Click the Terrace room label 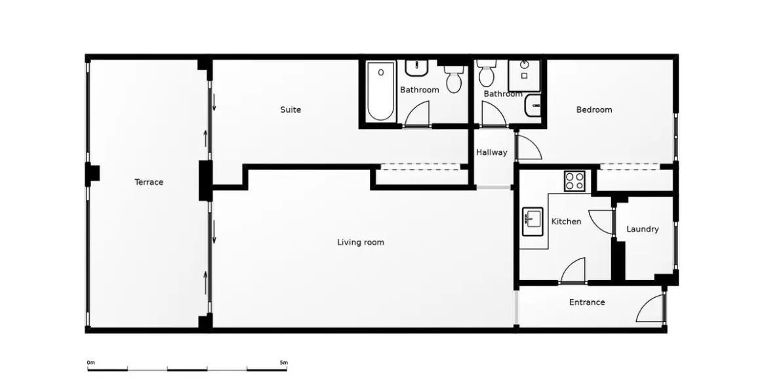[x=149, y=182]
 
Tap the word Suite [x=291, y=110]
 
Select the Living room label [x=361, y=242]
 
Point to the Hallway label [x=492, y=152]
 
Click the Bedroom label [x=594, y=110]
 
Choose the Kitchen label [x=566, y=221]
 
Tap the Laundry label [x=642, y=229]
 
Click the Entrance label [x=587, y=302]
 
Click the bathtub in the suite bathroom [x=380, y=91]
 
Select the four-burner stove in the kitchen [x=575, y=181]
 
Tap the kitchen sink [x=533, y=222]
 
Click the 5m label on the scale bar [x=283, y=362]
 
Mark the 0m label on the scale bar [x=90, y=362]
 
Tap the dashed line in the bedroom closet [x=630, y=170]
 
